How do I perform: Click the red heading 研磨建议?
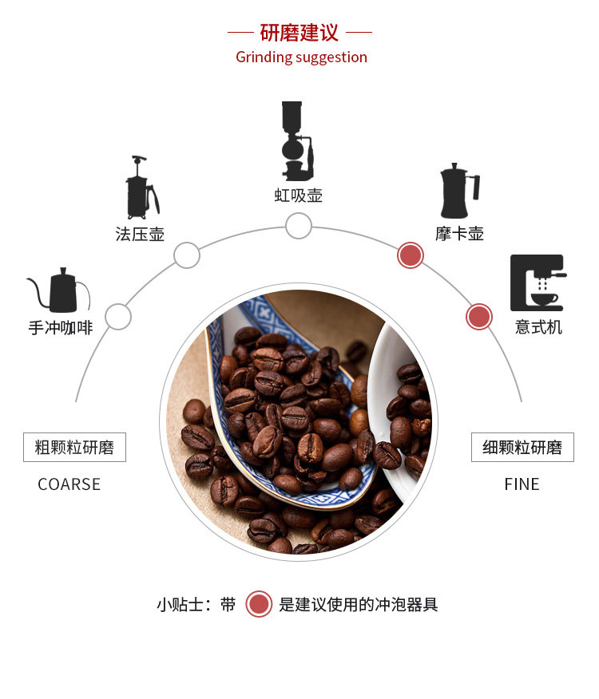(299, 33)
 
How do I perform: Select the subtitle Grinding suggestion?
(301, 57)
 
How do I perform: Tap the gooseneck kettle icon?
(61, 290)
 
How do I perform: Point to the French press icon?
(141, 188)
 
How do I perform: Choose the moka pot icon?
(458, 192)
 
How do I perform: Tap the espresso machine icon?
(538, 282)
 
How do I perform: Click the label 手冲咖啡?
(61, 327)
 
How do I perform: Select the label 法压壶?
(140, 234)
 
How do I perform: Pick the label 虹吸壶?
(298, 195)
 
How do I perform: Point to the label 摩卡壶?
(459, 234)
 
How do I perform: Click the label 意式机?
(538, 327)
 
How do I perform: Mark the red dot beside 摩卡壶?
(410, 255)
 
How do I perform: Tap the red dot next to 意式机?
(478, 317)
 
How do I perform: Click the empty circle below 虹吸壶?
(298, 226)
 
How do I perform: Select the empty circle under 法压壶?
(187, 255)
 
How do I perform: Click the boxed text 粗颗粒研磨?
(74, 448)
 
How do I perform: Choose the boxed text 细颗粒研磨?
(522, 448)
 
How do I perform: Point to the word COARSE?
(69, 484)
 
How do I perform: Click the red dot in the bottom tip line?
(258, 604)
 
